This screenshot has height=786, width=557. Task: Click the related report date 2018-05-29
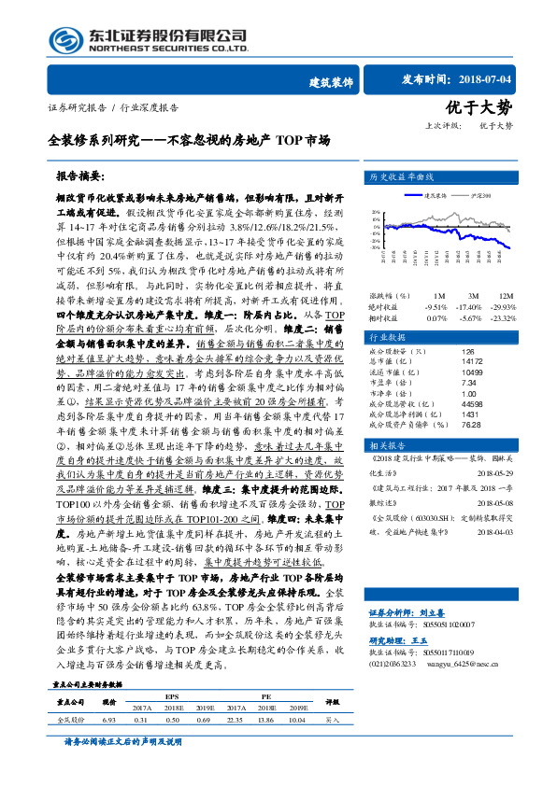pos(495,472)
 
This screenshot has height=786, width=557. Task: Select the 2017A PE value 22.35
pos(236,721)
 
